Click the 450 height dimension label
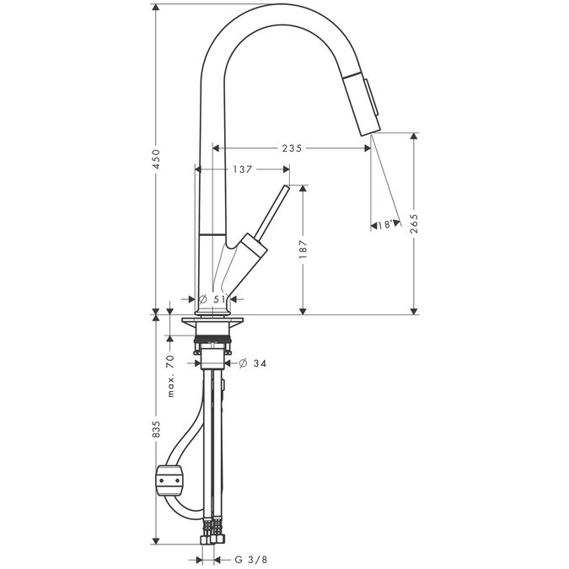(x=156, y=159)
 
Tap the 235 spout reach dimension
(x=292, y=148)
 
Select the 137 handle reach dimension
(x=243, y=169)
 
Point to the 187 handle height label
(x=303, y=249)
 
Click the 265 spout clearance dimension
(x=414, y=223)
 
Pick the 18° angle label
(x=384, y=225)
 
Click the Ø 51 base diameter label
(x=212, y=299)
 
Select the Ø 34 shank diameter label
(x=253, y=362)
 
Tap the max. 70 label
(x=171, y=376)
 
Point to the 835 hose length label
(x=156, y=429)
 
